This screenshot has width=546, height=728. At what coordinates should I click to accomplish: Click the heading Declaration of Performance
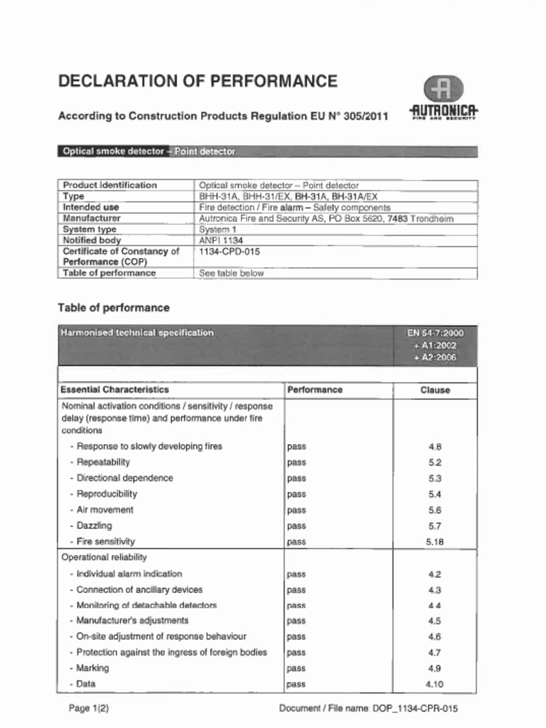(x=198, y=81)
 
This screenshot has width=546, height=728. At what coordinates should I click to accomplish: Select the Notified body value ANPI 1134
(x=221, y=240)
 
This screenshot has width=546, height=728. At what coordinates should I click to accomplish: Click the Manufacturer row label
(x=92, y=218)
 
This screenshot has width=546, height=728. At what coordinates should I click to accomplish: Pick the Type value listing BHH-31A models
(x=288, y=196)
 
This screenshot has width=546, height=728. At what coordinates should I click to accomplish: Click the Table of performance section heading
(x=114, y=308)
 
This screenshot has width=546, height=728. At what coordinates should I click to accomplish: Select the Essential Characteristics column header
(x=115, y=390)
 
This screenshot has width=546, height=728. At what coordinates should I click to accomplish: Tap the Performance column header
(x=315, y=390)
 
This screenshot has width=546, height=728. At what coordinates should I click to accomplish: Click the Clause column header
(x=435, y=390)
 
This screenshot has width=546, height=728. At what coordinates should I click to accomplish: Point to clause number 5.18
(x=435, y=542)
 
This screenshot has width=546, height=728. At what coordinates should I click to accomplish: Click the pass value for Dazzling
(x=296, y=526)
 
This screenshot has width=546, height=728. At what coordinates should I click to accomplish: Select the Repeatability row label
(x=103, y=462)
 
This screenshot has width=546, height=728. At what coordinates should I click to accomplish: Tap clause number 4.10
(x=434, y=684)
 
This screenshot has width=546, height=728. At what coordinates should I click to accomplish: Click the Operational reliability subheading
(x=105, y=557)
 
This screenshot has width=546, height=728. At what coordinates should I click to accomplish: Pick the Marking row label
(x=92, y=668)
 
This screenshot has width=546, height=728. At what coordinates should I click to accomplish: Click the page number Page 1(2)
(x=89, y=708)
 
